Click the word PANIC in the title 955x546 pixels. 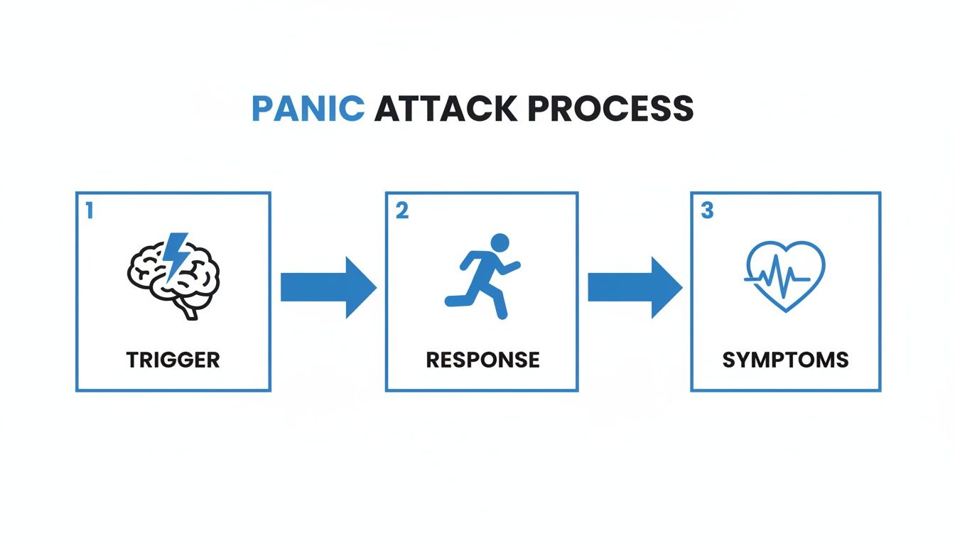[x=308, y=109]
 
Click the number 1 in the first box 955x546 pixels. [x=89, y=210]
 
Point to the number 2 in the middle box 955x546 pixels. [x=401, y=211]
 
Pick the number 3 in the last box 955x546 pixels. [x=707, y=211]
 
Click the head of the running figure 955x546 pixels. [x=500, y=242]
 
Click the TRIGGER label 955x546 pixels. [x=173, y=360]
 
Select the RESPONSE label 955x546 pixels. [x=482, y=360]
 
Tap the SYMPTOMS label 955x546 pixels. [x=785, y=360]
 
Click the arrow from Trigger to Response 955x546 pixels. [x=328, y=287]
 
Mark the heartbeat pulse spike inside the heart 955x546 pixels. [x=779, y=278]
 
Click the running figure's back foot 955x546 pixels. [x=450, y=301]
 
